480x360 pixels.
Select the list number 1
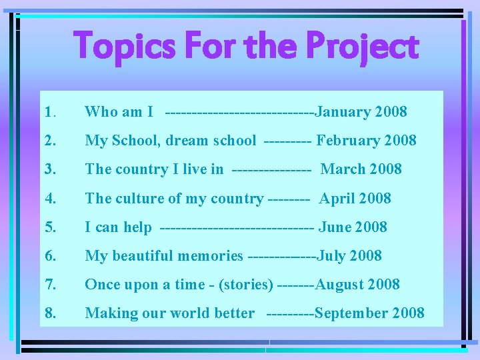coord(49,112)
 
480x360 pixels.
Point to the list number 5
coord(49,227)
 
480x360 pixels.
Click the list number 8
coord(49,313)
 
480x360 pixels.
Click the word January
coord(343,112)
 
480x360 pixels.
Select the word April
coord(337,199)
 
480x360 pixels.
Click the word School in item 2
coord(136,141)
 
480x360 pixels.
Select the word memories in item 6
coord(211,256)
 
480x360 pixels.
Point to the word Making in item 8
coord(110,313)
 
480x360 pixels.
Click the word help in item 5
coord(137,227)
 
